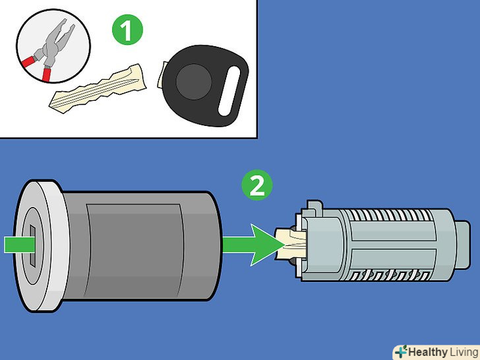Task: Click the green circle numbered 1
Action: click(127, 30)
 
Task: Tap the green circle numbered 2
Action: click(257, 185)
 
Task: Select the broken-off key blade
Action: click(98, 88)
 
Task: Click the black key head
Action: click(204, 86)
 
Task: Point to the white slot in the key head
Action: click(229, 91)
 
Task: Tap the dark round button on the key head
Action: click(193, 82)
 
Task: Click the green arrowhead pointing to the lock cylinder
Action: click(266, 245)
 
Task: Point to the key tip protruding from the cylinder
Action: click(289, 244)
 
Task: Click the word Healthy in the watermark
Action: click(428, 351)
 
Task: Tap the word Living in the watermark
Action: click(463, 351)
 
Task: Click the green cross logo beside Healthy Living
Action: click(401, 351)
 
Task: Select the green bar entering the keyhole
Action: click(19, 245)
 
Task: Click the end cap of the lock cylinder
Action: click(462, 245)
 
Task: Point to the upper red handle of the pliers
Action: click(28, 61)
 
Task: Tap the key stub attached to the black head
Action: click(161, 75)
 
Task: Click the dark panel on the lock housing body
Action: click(135, 251)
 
